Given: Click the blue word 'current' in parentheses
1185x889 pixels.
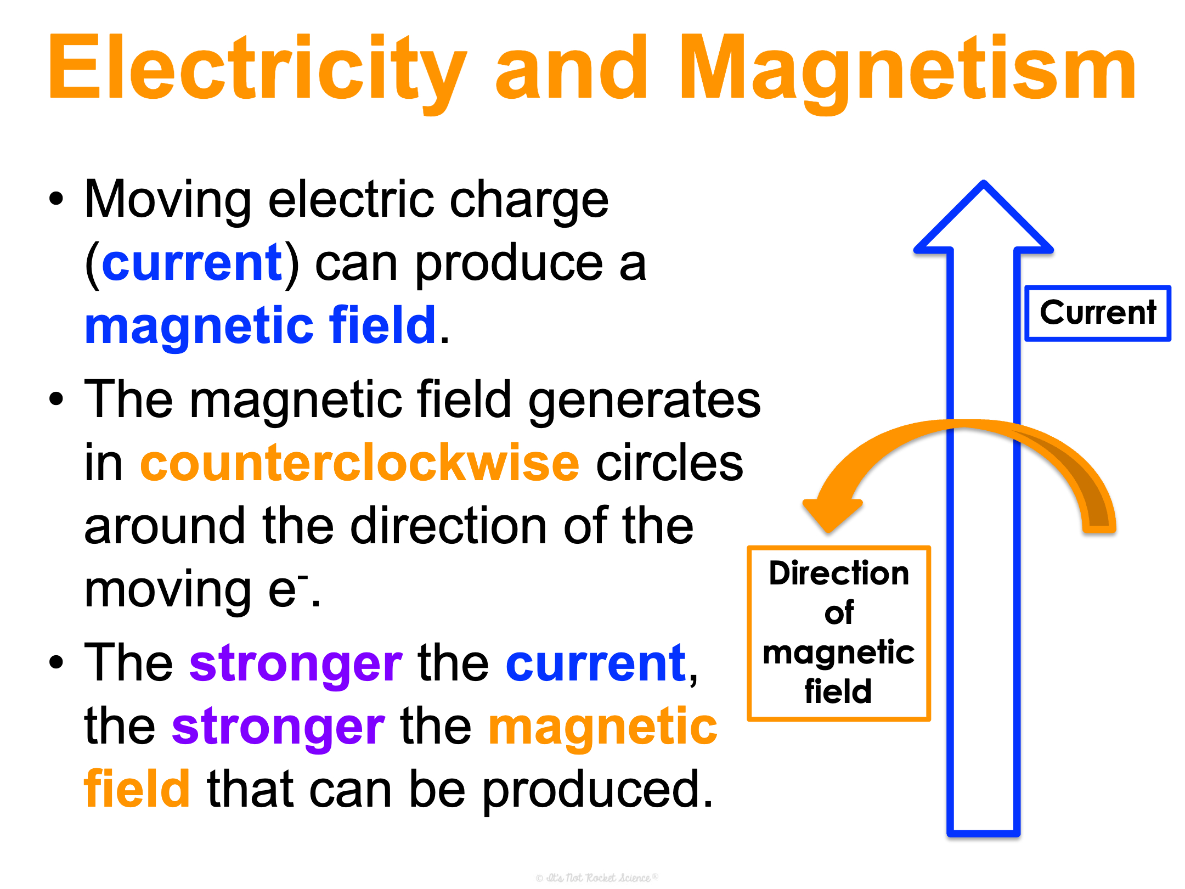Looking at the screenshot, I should (192, 263).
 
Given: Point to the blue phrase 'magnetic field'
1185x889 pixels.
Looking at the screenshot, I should (261, 326).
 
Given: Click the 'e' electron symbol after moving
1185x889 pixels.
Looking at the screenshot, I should (283, 590).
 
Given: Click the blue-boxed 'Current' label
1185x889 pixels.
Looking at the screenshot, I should (1098, 313).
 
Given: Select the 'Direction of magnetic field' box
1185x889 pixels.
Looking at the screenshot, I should (839, 633).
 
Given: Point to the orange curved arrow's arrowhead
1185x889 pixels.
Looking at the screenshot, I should (832, 510).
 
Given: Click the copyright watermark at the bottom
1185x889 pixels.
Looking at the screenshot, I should (597, 877).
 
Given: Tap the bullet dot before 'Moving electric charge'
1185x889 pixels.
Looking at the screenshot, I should (56, 199).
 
